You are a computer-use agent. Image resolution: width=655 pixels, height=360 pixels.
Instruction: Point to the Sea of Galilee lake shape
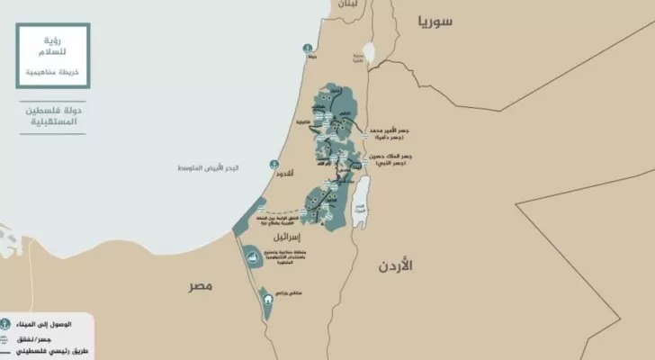[368, 54]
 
